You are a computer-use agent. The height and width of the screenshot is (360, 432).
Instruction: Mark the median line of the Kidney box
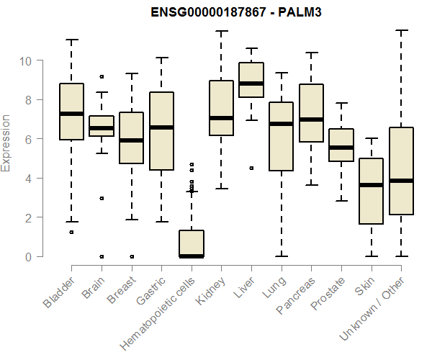221,118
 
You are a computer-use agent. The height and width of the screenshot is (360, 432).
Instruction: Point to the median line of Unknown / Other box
401,181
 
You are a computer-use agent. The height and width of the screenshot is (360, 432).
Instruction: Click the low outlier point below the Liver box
251,168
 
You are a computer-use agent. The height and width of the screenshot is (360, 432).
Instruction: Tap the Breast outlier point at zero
131,256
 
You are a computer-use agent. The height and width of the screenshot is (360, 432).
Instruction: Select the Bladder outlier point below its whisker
71,232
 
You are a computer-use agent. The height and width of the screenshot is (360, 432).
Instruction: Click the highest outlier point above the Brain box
102,76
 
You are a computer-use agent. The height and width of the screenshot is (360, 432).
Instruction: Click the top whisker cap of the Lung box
281,73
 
